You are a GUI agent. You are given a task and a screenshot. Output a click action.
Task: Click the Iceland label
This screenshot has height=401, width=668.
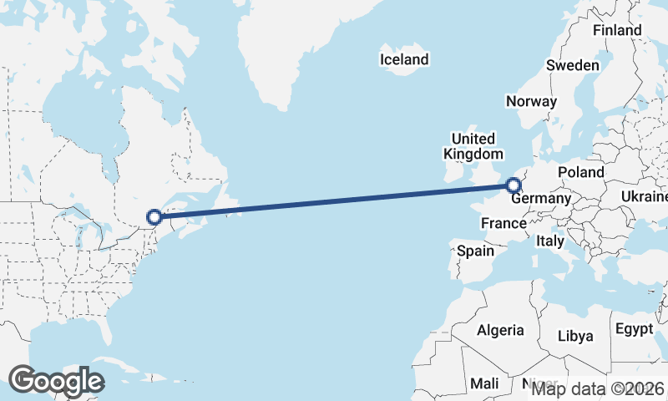[404, 59]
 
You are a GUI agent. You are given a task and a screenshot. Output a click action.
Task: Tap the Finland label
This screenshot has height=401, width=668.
[617, 31]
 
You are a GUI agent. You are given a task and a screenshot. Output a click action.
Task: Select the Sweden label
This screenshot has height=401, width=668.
[573, 65]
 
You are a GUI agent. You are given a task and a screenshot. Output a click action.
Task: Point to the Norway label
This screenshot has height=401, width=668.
[531, 102]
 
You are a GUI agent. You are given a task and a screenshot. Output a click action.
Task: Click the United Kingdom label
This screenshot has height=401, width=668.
[473, 146]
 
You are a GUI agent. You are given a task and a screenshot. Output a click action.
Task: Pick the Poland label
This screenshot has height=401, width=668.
[581, 172]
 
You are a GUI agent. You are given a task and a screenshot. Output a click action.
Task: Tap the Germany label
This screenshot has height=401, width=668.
[541, 200]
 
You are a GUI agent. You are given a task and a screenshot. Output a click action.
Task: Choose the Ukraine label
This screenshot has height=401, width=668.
[644, 196]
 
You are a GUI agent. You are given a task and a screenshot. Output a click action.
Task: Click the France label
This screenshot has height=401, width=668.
[504, 223]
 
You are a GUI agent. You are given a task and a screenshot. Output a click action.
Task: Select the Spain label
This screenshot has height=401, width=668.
[475, 250]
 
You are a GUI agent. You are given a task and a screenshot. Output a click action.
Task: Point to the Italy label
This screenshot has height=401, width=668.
[550, 241]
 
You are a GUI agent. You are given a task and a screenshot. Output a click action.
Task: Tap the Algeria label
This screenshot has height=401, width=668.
[500, 330]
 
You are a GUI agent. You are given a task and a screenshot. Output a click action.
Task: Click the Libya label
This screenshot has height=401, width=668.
[575, 336]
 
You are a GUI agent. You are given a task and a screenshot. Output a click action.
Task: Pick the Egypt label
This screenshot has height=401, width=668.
[635, 329]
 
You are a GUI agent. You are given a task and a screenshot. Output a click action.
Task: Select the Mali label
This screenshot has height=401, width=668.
[484, 383]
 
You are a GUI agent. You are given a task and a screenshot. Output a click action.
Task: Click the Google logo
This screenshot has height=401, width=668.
[56, 381]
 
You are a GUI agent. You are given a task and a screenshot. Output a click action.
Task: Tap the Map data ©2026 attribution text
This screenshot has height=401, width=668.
[598, 388]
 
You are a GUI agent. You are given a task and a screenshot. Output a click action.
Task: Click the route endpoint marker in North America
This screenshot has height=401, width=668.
[154, 218]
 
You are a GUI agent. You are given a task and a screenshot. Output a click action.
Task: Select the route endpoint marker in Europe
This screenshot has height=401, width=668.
[514, 186]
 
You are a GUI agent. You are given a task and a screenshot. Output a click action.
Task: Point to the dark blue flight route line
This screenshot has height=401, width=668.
[334, 202]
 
